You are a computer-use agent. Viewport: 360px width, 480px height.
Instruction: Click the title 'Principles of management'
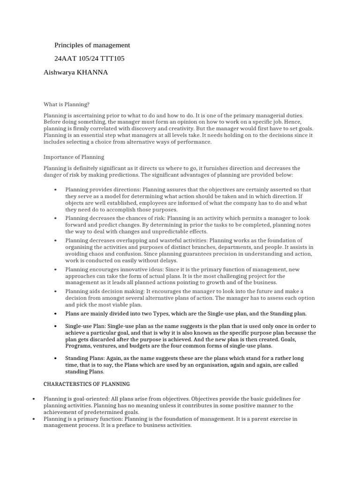coord(92,45)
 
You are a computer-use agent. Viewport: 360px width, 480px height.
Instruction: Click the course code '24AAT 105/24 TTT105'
coord(90,58)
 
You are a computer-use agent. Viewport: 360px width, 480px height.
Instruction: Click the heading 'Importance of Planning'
coord(74,157)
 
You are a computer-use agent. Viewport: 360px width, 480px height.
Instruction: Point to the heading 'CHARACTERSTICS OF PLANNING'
coord(87,384)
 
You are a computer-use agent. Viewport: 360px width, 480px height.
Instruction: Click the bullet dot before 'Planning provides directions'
coord(55,190)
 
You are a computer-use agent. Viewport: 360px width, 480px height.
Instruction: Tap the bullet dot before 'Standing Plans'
coord(55,359)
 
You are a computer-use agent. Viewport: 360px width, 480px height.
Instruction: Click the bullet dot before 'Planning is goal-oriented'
coord(34,399)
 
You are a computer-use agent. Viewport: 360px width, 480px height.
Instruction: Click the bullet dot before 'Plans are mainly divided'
coord(55,314)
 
